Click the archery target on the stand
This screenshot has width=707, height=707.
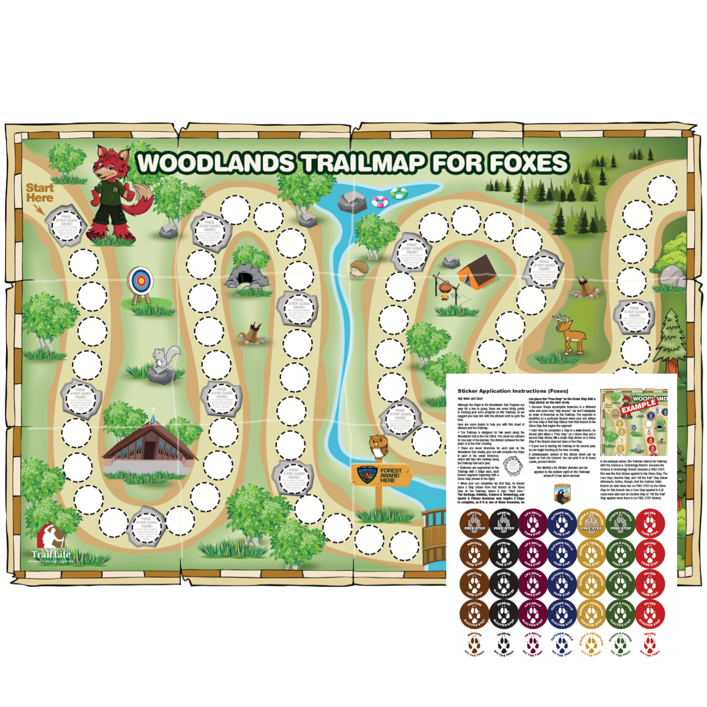(x=141, y=281)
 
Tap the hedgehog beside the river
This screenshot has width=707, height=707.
(x=359, y=268)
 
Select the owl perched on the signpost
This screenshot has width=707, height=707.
(x=378, y=446)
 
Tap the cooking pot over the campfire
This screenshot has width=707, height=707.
(x=445, y=288)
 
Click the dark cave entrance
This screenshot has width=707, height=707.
(x=245, y=278)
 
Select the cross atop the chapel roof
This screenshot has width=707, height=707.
(x=154, y=410)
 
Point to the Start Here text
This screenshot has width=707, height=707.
(x=40, y=193)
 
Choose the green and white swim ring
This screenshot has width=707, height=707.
(x=399, y=193)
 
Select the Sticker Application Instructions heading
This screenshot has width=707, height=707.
(x=512, y=391)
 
